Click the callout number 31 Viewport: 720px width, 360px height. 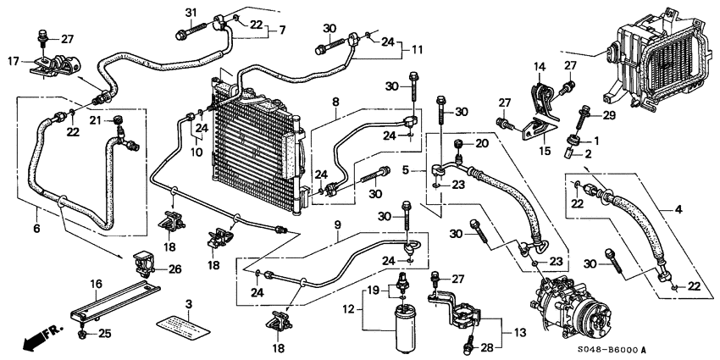191,11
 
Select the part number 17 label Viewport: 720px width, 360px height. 12,61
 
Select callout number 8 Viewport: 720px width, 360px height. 336,102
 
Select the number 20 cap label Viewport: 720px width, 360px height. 482,143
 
